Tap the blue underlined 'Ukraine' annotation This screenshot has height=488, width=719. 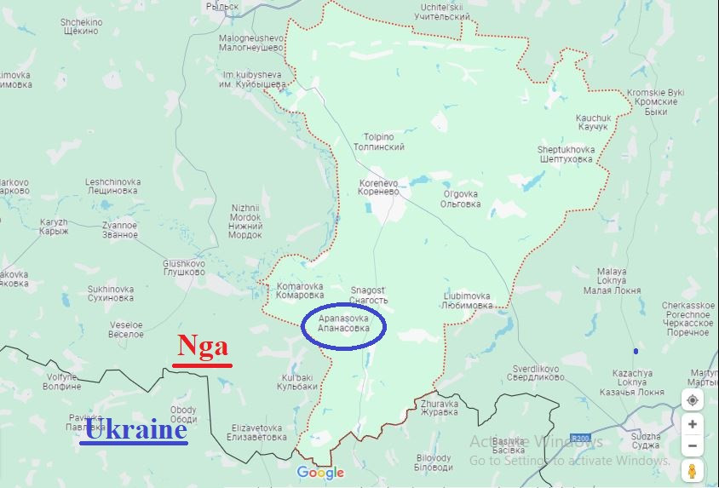(135, 429)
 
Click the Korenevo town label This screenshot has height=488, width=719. (379, 187)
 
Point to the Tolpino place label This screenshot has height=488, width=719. (379, 141)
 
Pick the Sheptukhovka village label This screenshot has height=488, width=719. (565, 154)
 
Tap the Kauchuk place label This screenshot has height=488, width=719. (593, 122)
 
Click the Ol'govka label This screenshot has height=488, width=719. (461, 198)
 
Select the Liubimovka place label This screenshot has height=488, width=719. (468, 301)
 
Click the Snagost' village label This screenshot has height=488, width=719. (369, 296)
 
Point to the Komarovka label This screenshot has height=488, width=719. (300, 291)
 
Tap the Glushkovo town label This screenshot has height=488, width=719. (184, 268)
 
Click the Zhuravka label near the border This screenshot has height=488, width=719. (439, 408)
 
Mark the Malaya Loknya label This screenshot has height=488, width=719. (611, 280)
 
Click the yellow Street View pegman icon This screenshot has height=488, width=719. (692, 470)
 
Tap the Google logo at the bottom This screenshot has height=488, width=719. (320, 473)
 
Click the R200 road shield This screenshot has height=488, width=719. (581, 415)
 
